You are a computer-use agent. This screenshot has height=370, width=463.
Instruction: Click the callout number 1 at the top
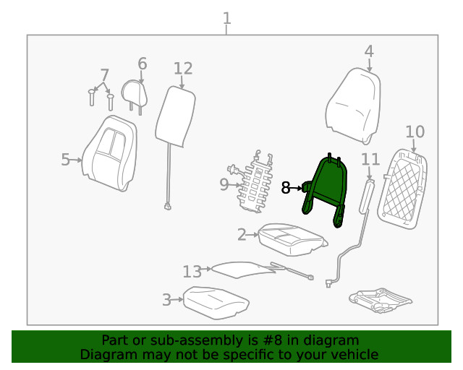pyautogui.click(x=227, y=17)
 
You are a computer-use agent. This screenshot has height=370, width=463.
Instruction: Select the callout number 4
pyautogui.click(x=369, y=51)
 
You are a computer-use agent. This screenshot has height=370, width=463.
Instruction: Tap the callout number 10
pyautogui.click(x=415, y=132)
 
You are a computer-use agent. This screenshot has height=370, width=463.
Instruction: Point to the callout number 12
pyautogui.click(x=183, y=69)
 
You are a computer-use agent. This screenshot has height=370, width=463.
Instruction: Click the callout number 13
pyautogui.click(x=192, y=272)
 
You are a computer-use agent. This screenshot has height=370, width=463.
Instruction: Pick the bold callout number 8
pyautogui.click(x=286, y=188)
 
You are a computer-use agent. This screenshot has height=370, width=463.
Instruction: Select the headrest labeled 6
pyautogui.click(x=136, y=93)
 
